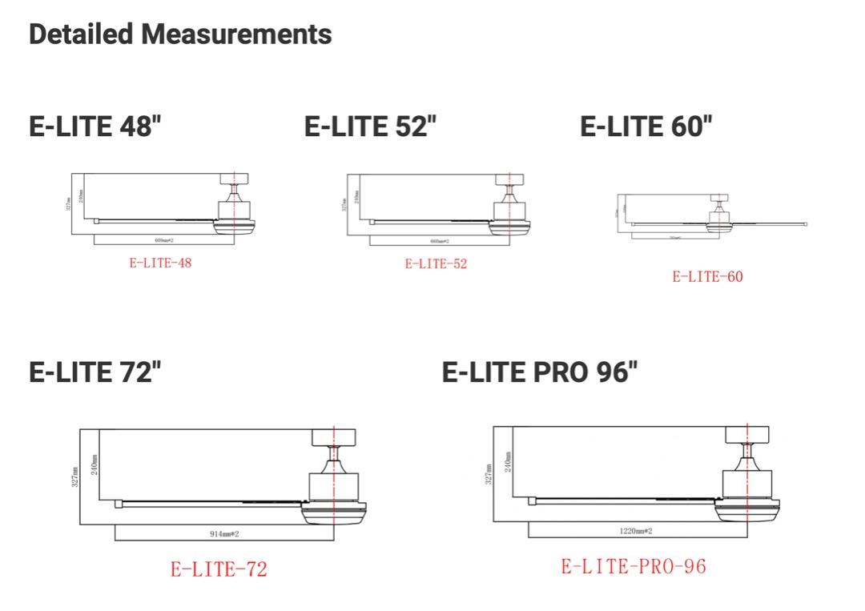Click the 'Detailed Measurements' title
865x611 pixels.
click(180, 34)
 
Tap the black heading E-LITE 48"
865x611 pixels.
click(95, 127)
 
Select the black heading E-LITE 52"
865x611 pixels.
click(371, 127)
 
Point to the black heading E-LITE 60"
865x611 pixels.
click(646, 127)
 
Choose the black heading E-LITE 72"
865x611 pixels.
click(95, 372)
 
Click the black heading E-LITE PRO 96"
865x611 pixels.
click(540, 372)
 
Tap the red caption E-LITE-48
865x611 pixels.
click(161, 263)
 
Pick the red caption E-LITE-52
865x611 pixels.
click(436, 263)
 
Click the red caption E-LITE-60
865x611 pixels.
click(707, 277)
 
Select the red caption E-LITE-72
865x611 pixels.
click(219, 569)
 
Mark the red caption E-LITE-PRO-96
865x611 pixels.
click(634, 566)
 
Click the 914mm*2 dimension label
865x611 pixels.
click(224, 533)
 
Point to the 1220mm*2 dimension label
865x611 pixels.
click(636, 530)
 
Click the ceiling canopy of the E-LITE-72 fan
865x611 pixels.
click(332, 437)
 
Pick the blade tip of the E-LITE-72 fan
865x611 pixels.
click(119, 503)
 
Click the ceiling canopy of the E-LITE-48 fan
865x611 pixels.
click(234, 179)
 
